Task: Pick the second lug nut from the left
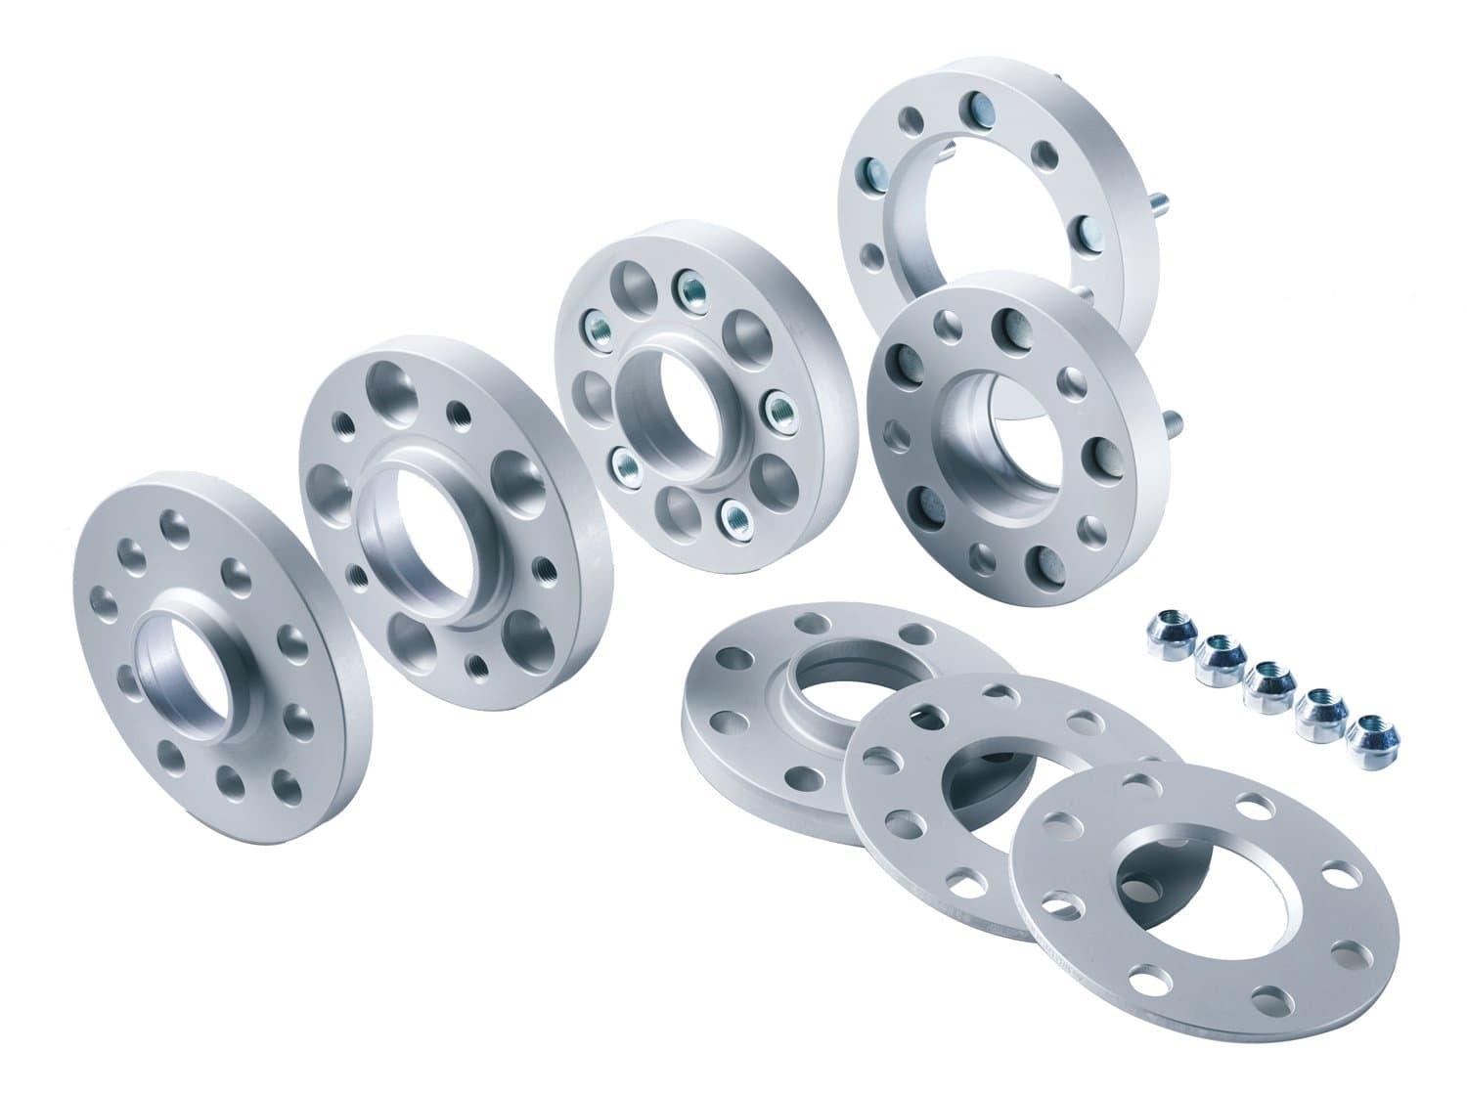pos(1216,653)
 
